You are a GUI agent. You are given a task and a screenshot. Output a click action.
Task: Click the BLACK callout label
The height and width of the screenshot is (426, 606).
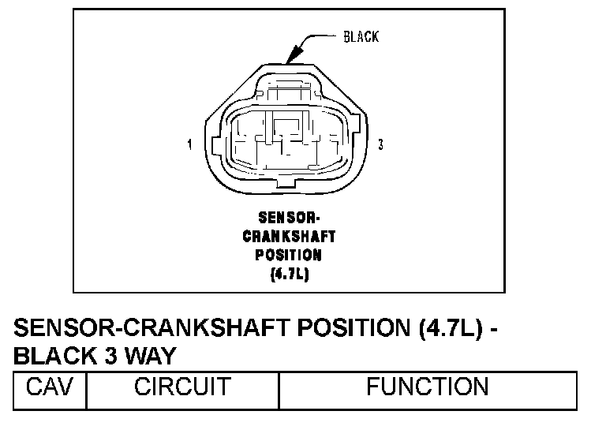361,37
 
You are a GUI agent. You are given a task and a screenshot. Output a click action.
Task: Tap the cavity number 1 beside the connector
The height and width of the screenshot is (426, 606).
190,145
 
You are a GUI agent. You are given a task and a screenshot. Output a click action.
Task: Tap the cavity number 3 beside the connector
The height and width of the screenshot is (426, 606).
381,145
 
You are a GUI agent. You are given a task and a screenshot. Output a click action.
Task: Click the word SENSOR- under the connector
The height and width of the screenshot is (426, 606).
289,217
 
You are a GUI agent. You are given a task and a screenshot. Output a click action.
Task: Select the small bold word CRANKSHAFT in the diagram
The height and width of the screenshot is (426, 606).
289,236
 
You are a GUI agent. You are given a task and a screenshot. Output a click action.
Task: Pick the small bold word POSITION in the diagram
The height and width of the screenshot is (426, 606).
289,255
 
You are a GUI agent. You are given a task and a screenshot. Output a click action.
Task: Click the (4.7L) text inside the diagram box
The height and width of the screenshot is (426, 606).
289,275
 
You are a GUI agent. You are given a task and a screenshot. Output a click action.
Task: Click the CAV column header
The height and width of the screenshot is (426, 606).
49,387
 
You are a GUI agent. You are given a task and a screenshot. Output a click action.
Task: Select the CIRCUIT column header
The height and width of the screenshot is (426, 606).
182,387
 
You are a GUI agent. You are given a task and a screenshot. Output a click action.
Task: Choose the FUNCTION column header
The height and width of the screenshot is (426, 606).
427,387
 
